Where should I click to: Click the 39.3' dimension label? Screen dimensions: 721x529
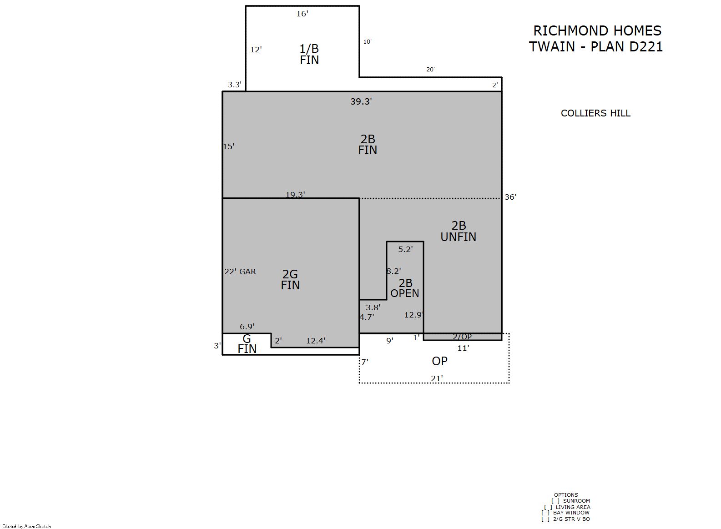(361, 101)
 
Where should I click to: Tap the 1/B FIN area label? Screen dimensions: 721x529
(309, 55)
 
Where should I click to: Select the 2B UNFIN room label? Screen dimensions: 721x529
(459, 232)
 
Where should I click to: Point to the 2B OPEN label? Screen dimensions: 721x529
(405, 288)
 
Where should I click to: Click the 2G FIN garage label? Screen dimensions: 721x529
(290, 280)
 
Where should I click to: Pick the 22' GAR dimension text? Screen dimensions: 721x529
(240, 272)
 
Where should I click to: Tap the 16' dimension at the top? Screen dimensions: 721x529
(302, 14)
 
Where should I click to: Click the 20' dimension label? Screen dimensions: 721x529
(430, 69)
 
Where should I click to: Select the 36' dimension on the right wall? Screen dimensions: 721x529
(510, 197)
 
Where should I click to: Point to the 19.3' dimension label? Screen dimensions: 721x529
(295, 194)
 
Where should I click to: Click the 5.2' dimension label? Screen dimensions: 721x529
(405, 249)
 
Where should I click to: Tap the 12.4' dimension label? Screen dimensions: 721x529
(315, 341)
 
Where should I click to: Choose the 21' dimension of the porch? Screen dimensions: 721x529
(437, 379)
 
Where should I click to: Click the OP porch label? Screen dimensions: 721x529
(439, 361)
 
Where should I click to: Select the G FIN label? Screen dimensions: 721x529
(247, 344)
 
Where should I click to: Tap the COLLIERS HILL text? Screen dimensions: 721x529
(595, 113)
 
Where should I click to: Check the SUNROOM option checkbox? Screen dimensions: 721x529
(555, 501)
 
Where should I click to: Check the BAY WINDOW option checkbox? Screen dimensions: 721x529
(545, 513)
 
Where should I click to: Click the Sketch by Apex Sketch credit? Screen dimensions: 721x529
(27, 526)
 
